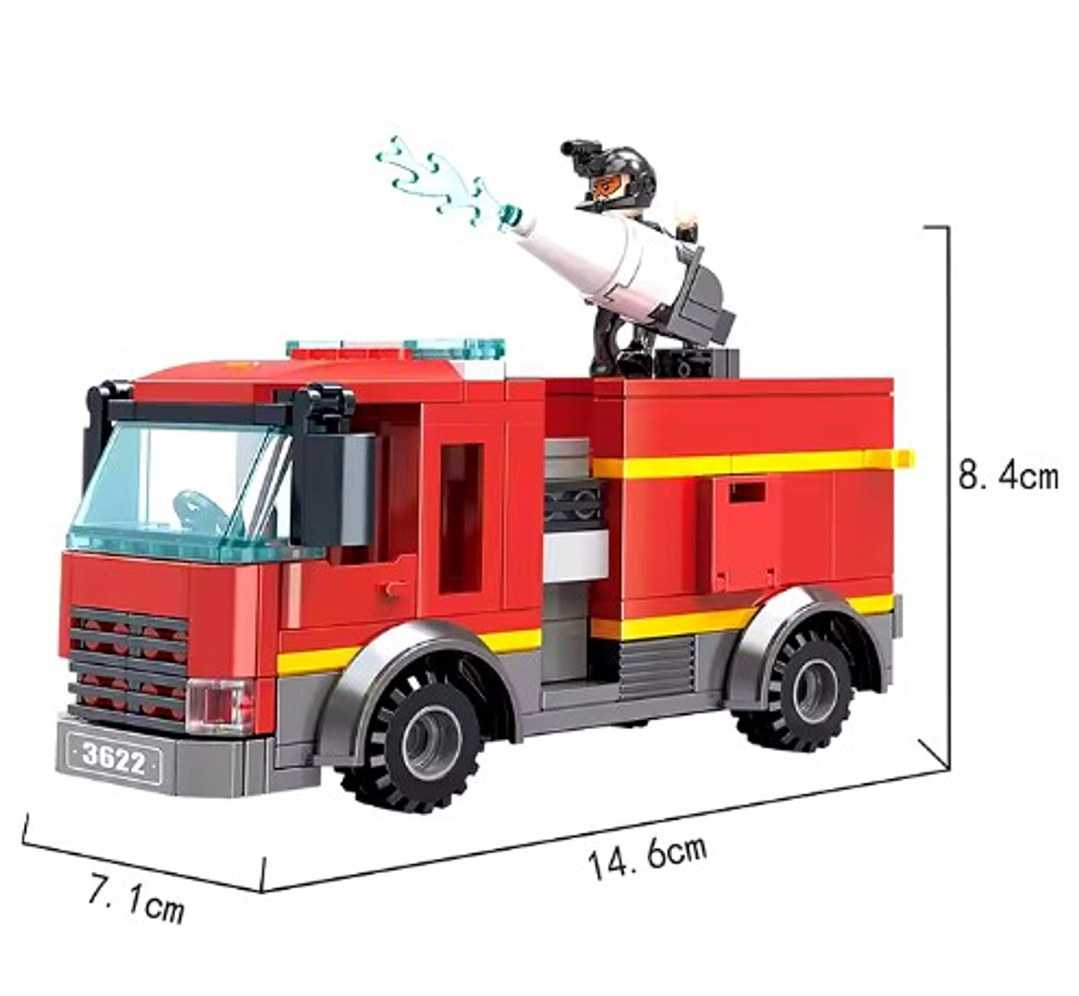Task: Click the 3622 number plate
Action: click(x=114, y=758)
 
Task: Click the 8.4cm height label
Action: click(x=1008, y=477)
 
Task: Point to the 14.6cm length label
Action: click(x=647, y=856)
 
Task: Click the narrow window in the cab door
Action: click(x=461, y=518)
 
